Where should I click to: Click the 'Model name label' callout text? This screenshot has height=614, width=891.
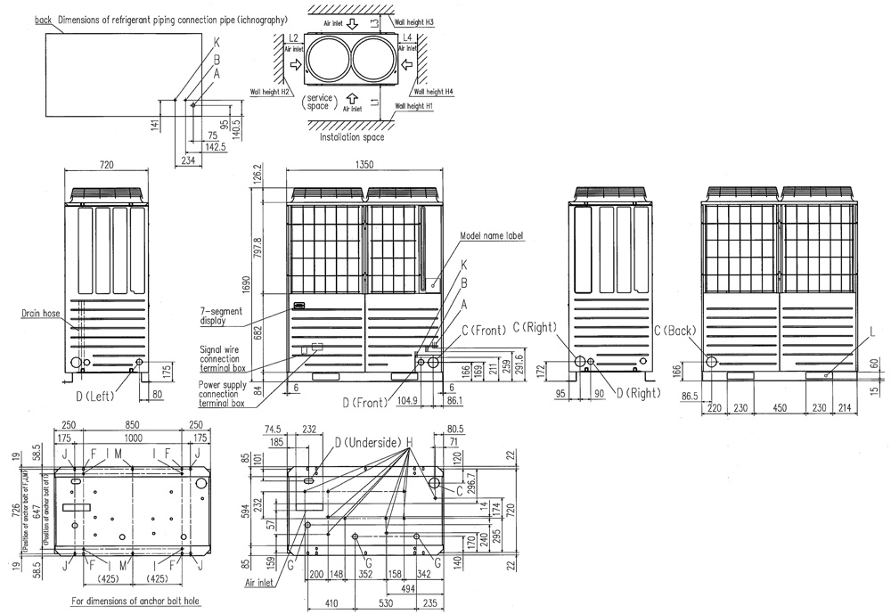pos(491,236)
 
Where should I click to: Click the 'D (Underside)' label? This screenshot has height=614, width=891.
pos(366,442)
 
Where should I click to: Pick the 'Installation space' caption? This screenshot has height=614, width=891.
pos(353,137)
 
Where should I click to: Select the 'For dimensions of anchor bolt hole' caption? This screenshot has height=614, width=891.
pos(135,602)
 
